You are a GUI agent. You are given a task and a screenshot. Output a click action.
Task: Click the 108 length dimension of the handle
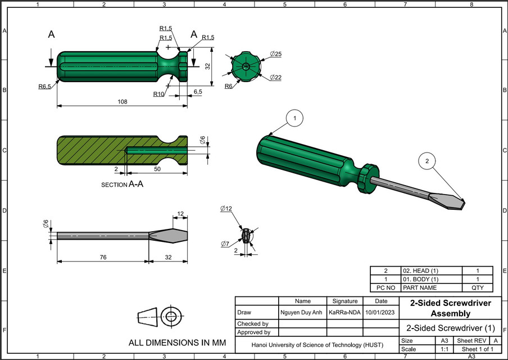tap(123, 102)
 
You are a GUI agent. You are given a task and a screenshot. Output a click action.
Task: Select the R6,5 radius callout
tap(45, 87)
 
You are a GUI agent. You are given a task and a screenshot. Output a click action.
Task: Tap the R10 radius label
tap(158, 94)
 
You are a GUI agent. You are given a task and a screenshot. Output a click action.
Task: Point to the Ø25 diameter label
tap(275, 54)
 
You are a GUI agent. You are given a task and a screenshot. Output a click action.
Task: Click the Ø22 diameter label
tap(275, 77)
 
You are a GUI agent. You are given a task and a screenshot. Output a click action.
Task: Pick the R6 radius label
tap(229, 86)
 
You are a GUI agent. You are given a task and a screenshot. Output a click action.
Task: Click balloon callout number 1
tap(294, 118)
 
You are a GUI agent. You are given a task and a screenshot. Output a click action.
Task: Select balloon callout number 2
tap(427, 162)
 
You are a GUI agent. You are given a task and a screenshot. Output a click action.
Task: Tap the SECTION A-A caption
tap(122, 184)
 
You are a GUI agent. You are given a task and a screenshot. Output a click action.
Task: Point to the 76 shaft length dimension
tap(103, 257)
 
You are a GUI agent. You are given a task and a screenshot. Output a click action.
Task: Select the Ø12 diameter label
tap(226, 209)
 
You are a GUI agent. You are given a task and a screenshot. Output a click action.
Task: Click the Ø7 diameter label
tap(225, 244)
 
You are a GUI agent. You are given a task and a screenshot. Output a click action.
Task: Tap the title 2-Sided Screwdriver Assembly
tap(450, 308)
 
